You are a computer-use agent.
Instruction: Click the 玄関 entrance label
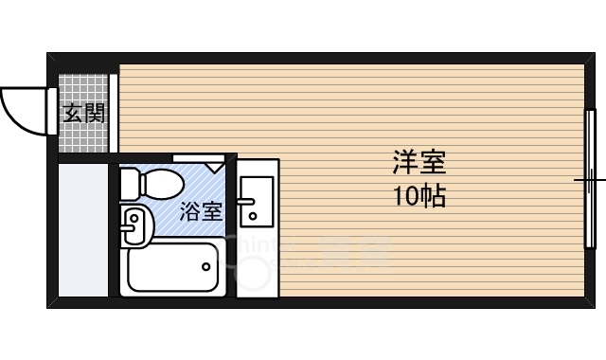[84, 114]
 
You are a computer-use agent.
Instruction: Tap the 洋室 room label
[419, 163]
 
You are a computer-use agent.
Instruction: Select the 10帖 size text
[419, 197]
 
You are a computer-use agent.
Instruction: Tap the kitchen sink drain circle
[253, 218]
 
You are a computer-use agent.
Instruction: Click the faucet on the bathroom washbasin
[127, 225]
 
